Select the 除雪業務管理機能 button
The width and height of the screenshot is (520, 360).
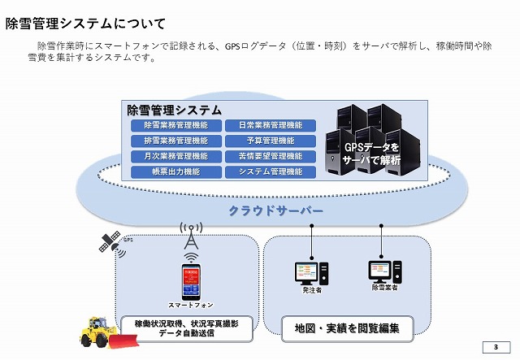pos(175,125)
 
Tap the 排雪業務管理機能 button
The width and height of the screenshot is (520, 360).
pos(175,141)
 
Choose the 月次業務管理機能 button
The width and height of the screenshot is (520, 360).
pos(175,156)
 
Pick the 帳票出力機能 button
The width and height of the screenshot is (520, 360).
pos(175,171)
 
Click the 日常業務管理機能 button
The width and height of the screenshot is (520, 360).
pos(271,125)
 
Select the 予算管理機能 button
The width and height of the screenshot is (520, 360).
pos(271,141)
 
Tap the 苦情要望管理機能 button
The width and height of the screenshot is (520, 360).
pos(271,156)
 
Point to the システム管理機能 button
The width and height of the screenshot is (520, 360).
pos(271,171)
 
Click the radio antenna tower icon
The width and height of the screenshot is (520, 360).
pos(191,236)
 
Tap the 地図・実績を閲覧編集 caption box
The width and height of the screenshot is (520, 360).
pos(341,328)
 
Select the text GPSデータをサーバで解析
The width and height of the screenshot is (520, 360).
pos(372,154)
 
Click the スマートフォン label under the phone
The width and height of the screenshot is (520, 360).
pos(191,306)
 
